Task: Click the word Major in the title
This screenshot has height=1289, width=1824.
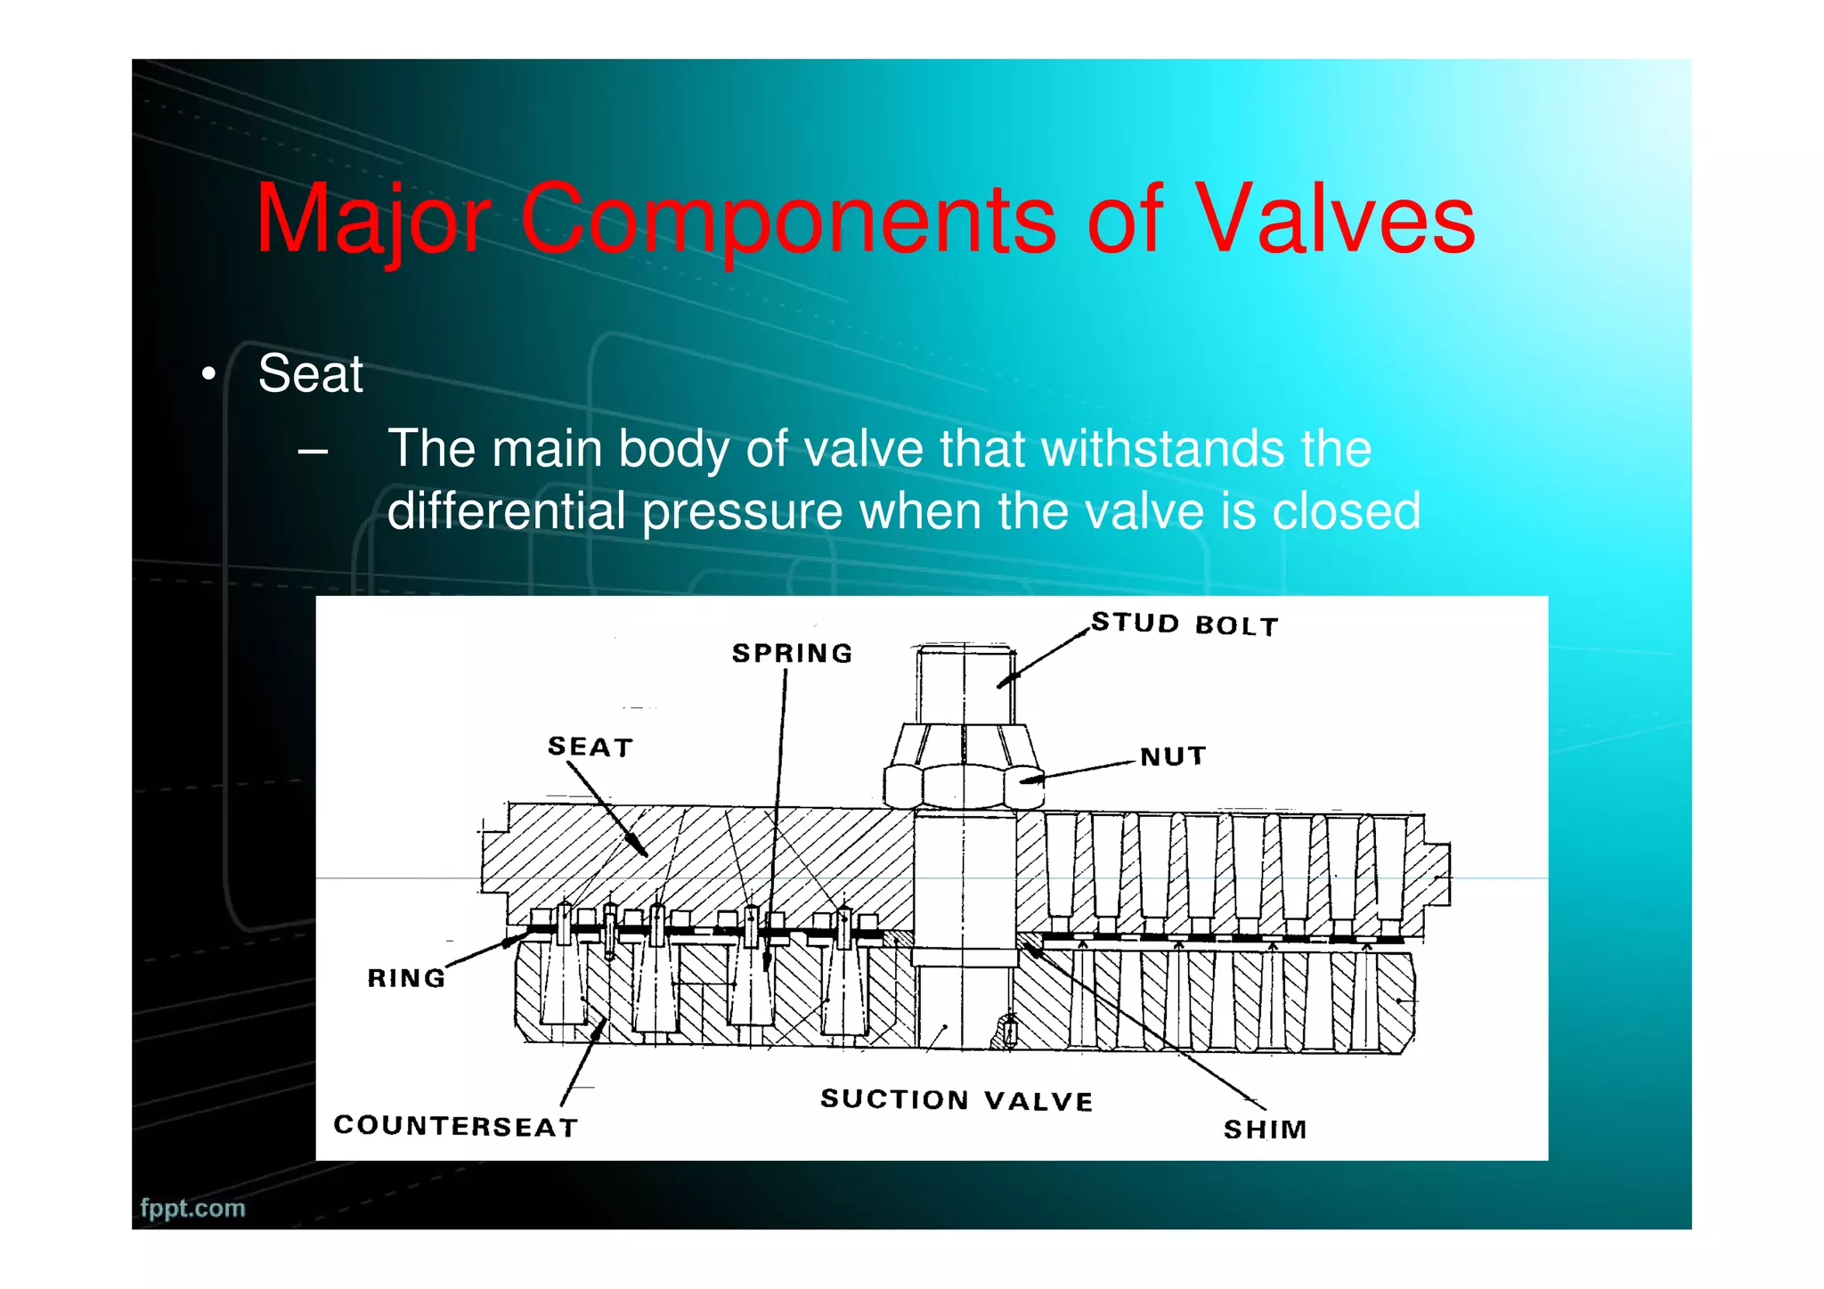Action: coord(372,220)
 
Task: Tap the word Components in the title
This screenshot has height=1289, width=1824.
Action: coord(788,220)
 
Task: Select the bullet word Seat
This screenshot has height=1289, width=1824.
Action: coord(310,373)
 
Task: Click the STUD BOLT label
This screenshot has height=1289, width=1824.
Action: coord(1185,624)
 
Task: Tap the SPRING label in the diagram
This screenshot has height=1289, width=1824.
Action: coord(792,653)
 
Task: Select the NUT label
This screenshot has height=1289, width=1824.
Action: coord(1173,756)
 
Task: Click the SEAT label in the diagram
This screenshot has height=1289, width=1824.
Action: coord(590,746)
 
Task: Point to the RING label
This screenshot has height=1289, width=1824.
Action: coord(406,978)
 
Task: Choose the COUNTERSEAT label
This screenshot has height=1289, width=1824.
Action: coord(455,1126)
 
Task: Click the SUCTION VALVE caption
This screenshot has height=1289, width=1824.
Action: coord(956,1100)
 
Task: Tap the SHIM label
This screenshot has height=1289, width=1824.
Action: coord(1265,1130)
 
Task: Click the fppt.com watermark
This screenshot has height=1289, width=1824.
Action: coord(192,1208)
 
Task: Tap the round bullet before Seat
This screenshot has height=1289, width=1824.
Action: coord(208,374)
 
